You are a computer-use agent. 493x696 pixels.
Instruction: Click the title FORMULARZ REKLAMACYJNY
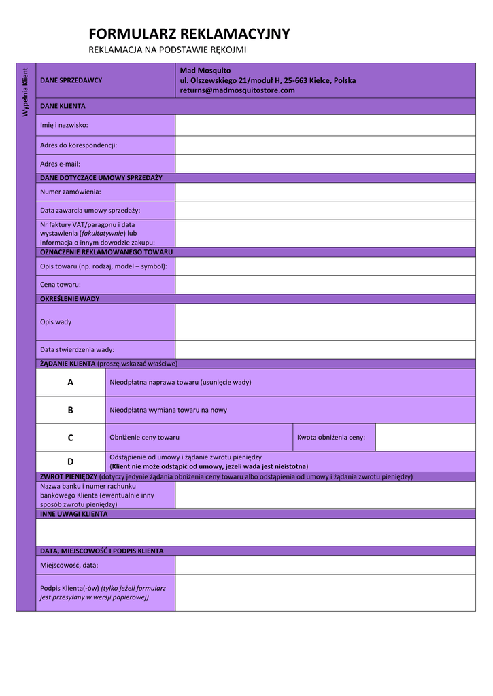189,34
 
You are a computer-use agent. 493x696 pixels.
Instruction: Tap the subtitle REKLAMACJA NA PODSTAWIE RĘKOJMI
167,50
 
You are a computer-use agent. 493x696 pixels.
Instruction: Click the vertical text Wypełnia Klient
25,92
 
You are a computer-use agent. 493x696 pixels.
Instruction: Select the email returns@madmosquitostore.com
237,90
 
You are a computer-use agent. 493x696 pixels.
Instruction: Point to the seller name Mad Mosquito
205,71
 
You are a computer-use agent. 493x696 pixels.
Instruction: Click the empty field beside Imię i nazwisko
325,125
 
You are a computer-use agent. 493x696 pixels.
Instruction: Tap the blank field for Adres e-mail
325,164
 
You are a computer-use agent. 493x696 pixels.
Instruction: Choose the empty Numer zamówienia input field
325,192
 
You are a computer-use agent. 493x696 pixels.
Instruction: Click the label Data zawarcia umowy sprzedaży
90,211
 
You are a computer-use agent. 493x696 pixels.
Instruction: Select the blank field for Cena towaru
325,285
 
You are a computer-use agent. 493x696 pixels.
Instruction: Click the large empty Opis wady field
325,321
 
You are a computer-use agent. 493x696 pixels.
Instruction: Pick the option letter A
71,383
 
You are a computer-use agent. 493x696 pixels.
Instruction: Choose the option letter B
71,411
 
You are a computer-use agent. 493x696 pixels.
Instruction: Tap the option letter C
71,438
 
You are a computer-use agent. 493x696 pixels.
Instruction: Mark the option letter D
71,462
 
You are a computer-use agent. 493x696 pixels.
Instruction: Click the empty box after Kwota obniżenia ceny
425,438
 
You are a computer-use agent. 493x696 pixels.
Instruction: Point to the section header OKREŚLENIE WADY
70,298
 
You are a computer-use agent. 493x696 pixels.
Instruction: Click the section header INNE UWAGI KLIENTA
73,514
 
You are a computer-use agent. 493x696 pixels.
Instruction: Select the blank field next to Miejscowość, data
325,565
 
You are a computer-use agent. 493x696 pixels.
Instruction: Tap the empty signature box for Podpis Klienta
325,593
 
